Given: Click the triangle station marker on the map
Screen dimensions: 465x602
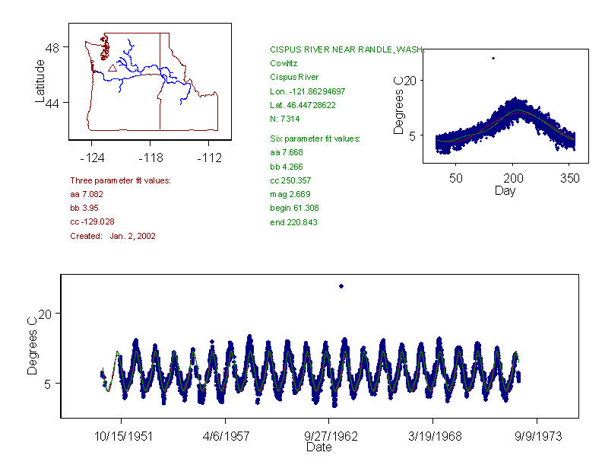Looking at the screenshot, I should (x=112, y=67).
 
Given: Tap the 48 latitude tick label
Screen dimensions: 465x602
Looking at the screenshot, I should (x=53, y=47).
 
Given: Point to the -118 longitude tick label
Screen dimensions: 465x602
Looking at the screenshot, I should (x=150, y=158).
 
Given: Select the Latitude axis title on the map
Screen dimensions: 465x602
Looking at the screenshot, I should (x=40, y=81).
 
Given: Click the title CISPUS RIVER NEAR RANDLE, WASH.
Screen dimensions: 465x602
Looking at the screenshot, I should (x=346, y=49).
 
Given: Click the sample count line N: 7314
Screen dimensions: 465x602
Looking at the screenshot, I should (x=285, y=119).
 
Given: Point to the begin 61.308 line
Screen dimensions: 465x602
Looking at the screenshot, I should (x=293, y=208).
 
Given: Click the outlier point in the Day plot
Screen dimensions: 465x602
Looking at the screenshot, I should (x=493, y=58).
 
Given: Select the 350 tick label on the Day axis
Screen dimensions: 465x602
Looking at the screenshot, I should (x=570, y=178).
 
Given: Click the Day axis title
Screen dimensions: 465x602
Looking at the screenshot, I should (x=505, y=191).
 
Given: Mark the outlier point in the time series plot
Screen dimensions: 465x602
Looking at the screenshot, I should (x=341, y=286).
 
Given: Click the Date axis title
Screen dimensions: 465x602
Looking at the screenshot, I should (x=318, y=447).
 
